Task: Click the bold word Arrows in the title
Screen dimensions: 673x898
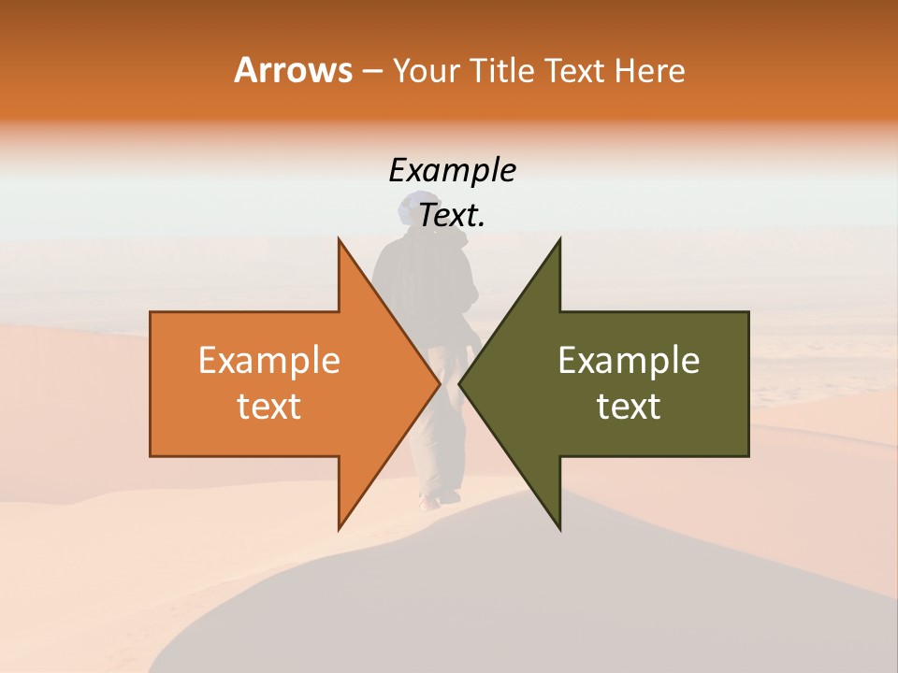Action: coord(293,70)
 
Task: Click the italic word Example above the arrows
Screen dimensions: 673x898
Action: coord(452,170)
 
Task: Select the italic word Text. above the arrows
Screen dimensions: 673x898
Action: coord(452,215)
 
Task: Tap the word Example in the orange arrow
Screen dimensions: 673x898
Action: coord(269,361)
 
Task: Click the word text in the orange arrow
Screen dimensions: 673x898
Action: coord(269,407)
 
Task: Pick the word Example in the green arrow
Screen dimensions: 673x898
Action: coord(629,361)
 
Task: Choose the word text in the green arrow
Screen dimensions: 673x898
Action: coord(629,407)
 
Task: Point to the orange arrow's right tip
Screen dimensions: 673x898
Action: coord(439,384)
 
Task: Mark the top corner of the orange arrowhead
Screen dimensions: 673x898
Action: coord(339,239)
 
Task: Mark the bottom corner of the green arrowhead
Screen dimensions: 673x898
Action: coord(559,530)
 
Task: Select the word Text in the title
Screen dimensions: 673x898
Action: coord(574,70)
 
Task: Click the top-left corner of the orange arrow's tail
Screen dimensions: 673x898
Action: coord(151,312)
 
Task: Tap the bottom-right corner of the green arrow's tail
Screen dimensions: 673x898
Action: coord(748,455)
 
